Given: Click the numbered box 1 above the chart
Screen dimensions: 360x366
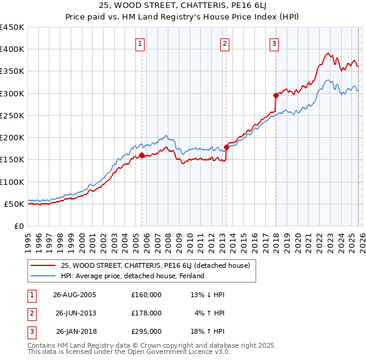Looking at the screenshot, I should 140,43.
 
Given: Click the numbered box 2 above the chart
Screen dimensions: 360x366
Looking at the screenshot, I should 224,43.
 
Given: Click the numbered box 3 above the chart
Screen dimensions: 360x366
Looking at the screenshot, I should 274,43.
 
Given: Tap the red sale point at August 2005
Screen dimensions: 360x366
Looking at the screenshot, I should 142,155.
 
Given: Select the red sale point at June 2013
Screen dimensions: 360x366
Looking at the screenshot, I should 226,147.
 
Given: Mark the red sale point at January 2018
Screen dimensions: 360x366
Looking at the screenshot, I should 276,95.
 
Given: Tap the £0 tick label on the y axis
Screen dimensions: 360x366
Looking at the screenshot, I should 20,226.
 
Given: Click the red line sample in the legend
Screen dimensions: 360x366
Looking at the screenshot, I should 43,265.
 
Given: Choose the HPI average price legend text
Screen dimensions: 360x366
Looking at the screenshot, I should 132,276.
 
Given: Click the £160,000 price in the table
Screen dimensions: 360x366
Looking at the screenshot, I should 146,294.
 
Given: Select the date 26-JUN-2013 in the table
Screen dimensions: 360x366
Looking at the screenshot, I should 76,313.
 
